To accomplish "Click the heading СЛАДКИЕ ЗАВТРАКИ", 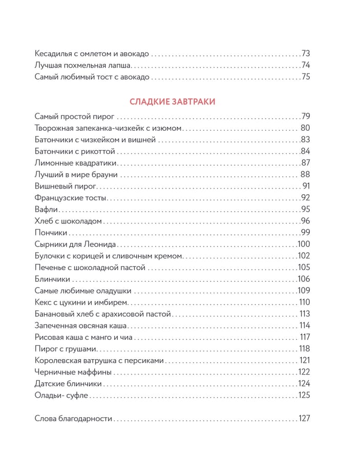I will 172,101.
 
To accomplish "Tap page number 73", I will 306,53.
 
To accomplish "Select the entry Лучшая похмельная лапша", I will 83,65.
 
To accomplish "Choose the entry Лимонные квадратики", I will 76,163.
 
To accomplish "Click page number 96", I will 306,221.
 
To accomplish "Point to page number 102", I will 304,256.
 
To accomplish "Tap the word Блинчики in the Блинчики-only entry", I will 52,279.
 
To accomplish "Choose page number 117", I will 305,337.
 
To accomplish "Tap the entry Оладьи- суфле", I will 62,395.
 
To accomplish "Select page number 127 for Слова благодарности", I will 305,418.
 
